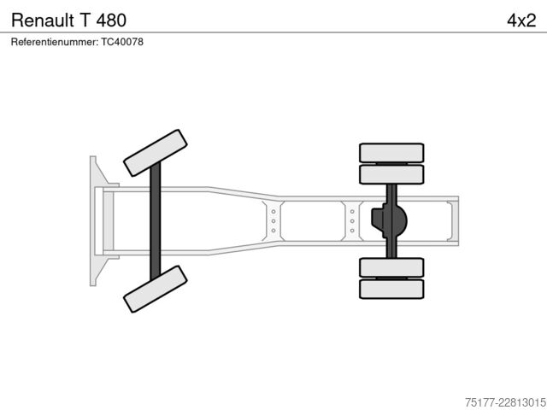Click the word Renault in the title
[x=43, y=20]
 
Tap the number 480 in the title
[x=111, y=20]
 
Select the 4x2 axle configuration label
[x=521, y=20]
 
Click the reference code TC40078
[x=122, y=42]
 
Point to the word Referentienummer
[x=55, y=42]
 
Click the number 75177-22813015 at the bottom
[x=505, y=402]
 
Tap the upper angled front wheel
[x=156, y=153]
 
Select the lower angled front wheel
[x=156, y=289]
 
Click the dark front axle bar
[x=156, y=221]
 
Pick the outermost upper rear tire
[x=391, y=153]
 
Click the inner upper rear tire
[x=391, y=174]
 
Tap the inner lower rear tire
[x=391, y=267]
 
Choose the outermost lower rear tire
[x=391, y=289]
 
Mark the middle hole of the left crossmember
[x=273, y=221]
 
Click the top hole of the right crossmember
[x=352, y=212]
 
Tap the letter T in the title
[x=85, y=20]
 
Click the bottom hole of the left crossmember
[x=273, y=231]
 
